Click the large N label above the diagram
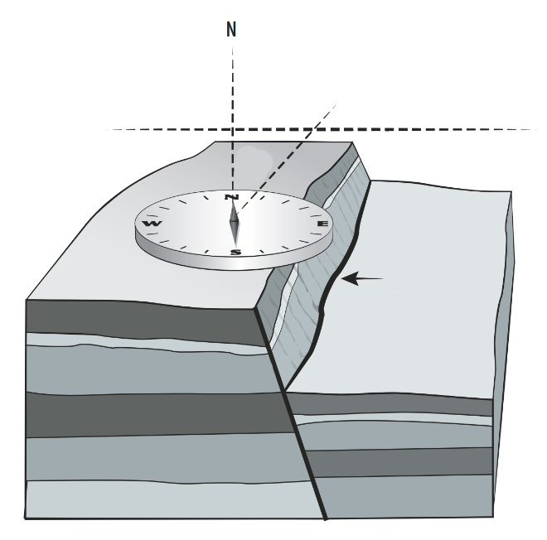[x=231, y=29]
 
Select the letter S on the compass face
[x=236, y=252]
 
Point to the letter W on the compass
[x=152, y=224]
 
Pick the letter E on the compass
[x=322, y=224]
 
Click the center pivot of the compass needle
[x=235, y=220]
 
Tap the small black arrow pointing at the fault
[x=362, y=279]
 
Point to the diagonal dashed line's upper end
[x=336, y=104]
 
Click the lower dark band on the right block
[x=401, y=462]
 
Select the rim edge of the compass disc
[x=234, y=264]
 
